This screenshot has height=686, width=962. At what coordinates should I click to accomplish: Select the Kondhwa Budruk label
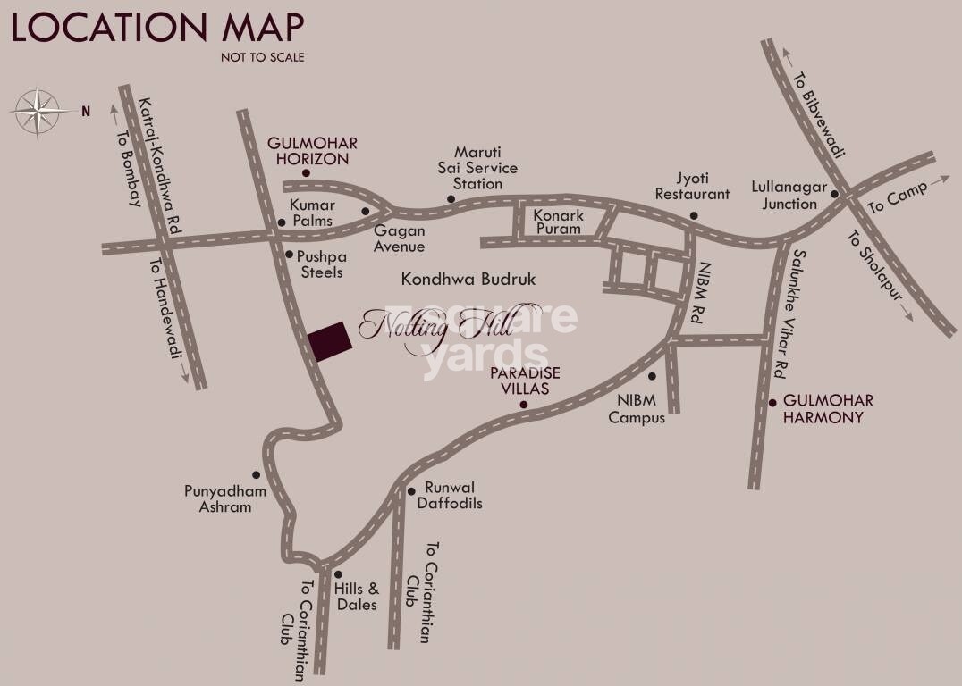(x=468, y=280)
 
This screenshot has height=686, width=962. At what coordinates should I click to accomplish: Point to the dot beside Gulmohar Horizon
(x=306, y=173)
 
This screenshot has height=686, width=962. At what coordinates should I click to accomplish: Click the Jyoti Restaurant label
(x=692, y=186)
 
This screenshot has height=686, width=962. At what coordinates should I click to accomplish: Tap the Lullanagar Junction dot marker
(x=834, y=194)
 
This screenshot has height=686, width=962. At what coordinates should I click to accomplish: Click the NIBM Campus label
(x=637, y=410)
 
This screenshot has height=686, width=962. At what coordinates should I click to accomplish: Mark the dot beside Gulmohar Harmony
(x=773, y=403)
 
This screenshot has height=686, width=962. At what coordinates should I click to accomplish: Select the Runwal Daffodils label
(x=450, y=496)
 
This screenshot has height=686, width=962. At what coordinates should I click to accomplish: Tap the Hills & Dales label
(x=356, y=597)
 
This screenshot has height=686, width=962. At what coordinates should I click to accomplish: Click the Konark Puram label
(x=558, y=222)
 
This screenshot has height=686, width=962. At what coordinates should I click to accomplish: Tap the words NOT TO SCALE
(x=263, y=57)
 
